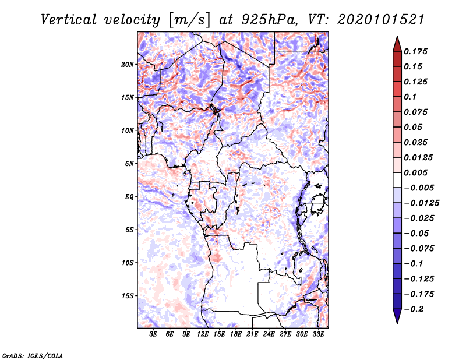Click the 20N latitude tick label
tap(128, 65)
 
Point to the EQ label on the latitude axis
tap(129, 197)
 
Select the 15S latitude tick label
tap(128, 296)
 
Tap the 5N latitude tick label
tap(129, 164)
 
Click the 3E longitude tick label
tap(153, 334)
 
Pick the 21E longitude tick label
tap(252, 334)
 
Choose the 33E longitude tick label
tap(318, 334)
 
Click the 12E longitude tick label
tap(202, 334)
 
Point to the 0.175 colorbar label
tap(415, 51)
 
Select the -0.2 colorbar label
tap(414, 309)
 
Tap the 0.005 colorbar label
tap(415, 172)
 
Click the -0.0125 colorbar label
tap(421, 203)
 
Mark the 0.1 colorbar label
tap(410, 97)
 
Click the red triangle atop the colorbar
tap(397, 44)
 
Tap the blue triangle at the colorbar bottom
tap(397, 316)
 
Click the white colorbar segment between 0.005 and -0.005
tap(397, 180)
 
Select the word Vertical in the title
tap(69, 20)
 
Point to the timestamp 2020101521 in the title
tap(381, 20)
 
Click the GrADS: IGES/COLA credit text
tap(33, 355)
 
